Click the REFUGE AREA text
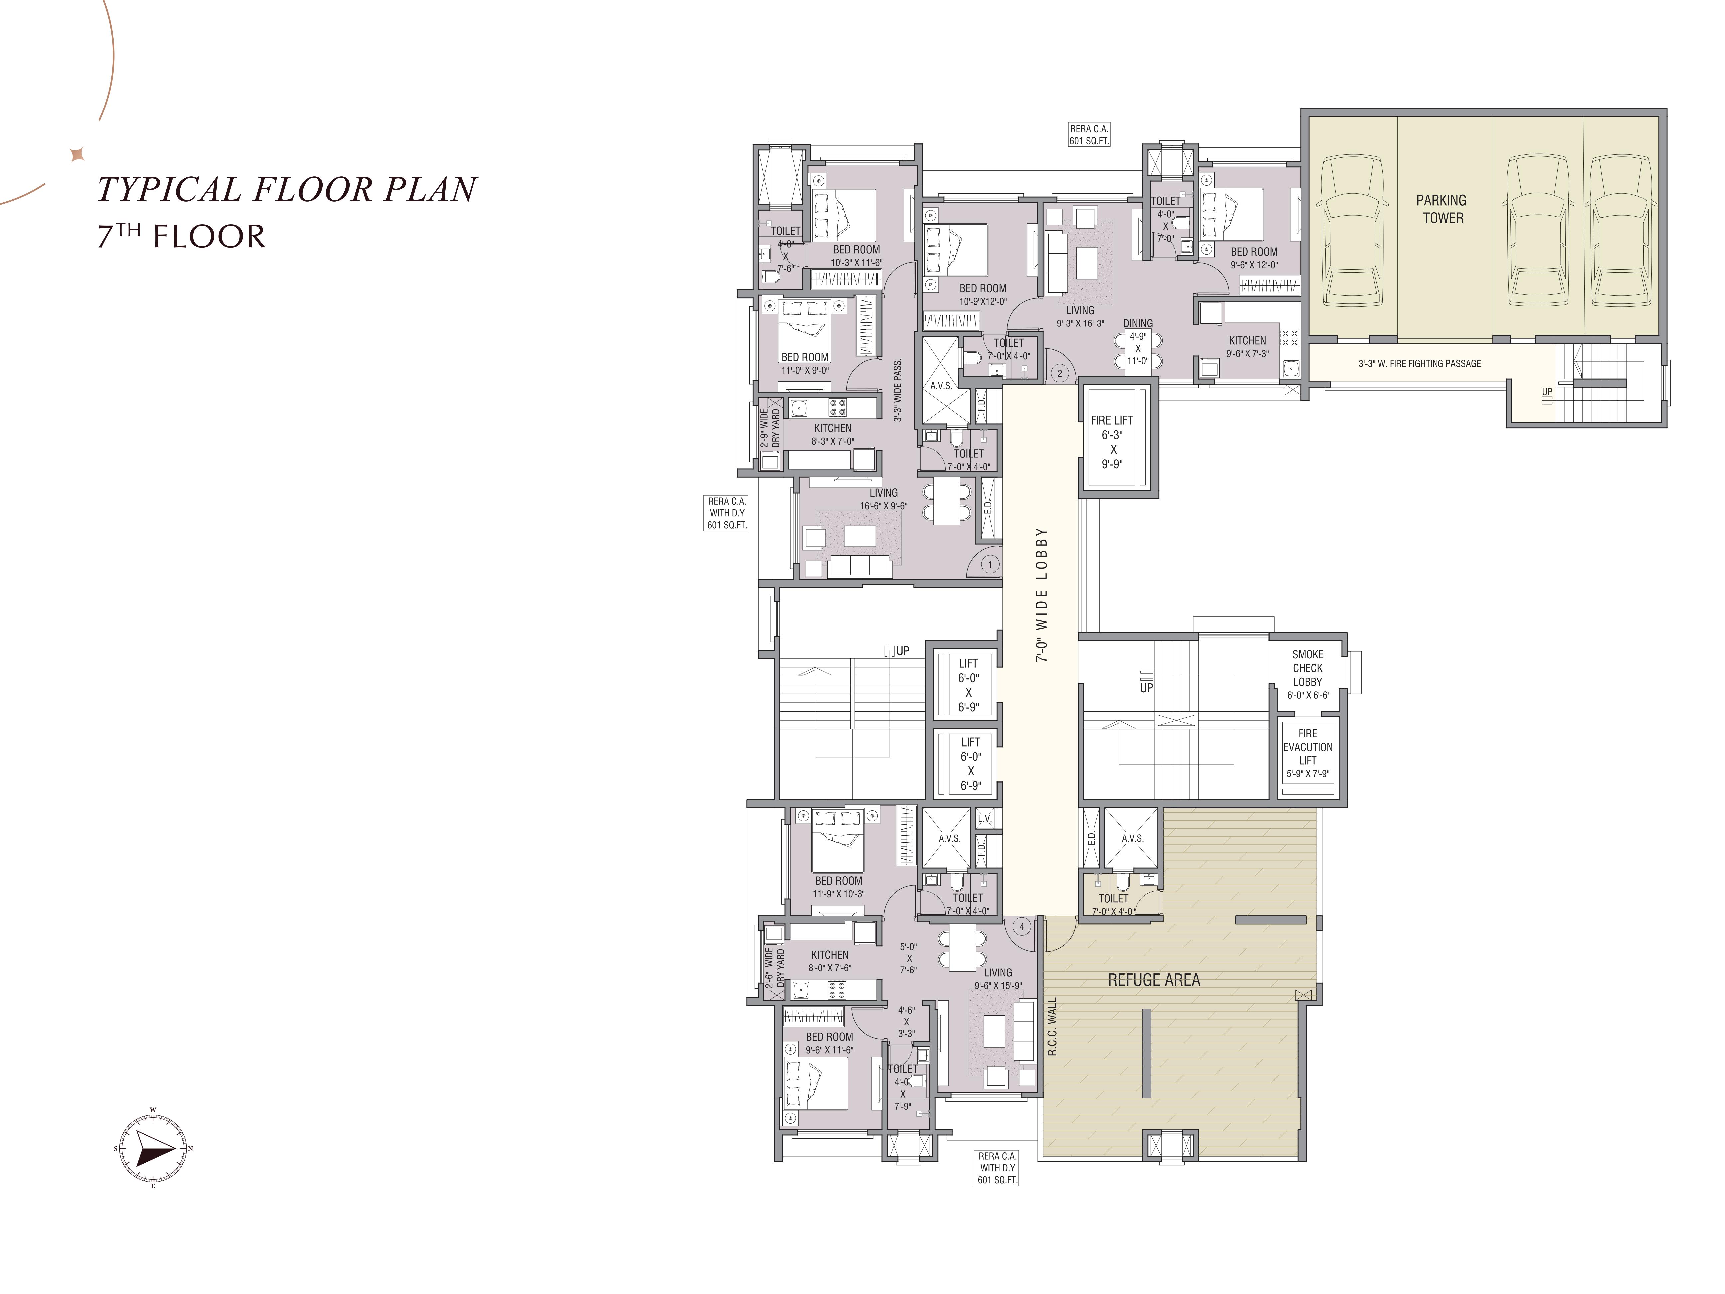pos(1154,980)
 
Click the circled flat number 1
pos(990,564)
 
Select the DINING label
pos(1138,323)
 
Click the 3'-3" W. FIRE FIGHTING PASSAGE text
pos(1419,363)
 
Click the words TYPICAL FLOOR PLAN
pos(286,189)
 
